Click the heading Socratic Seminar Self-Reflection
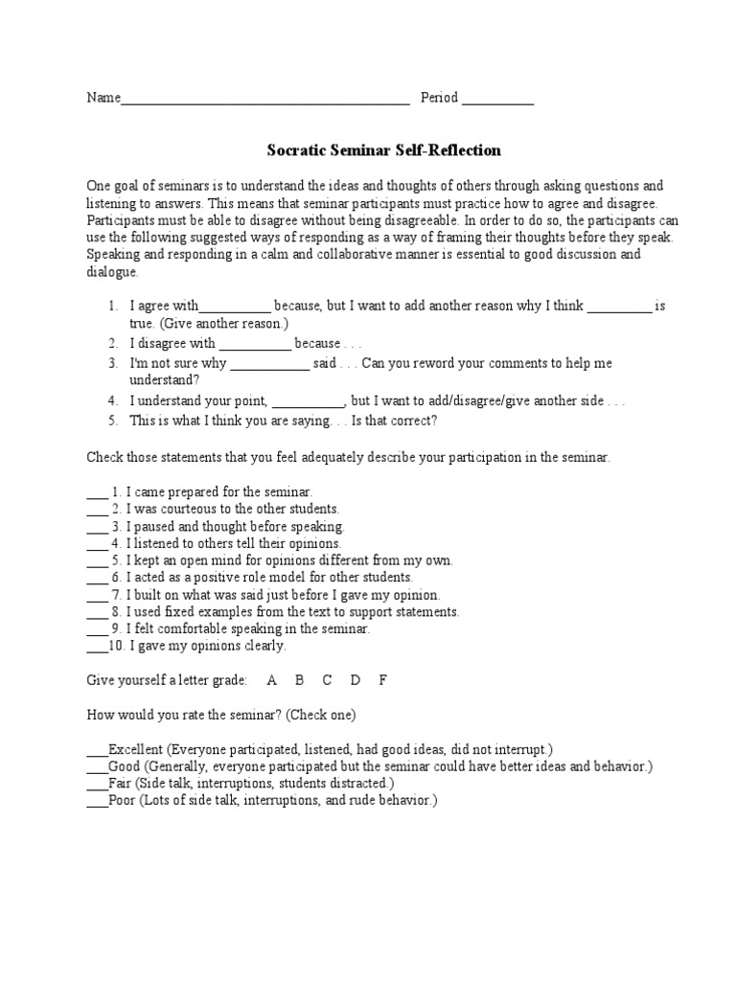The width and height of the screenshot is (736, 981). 382,150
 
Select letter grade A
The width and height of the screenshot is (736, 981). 272,680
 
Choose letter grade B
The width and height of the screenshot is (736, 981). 299,680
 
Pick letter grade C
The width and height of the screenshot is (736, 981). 327,680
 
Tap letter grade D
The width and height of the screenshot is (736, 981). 356,680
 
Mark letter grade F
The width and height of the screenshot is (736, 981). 383,680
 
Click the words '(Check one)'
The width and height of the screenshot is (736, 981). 321,715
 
